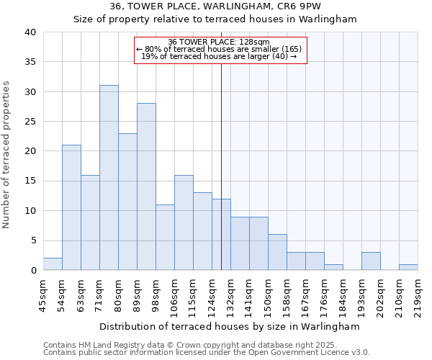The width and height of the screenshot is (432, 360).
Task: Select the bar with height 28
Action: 146,186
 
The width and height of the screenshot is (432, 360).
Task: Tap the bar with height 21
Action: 71,207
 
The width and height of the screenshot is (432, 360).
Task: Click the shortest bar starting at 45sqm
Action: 53,264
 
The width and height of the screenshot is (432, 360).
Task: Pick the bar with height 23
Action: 127,202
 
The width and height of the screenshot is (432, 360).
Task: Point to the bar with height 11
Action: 165,238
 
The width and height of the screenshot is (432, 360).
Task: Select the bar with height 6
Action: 277,252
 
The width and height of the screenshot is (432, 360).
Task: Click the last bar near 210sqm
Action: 408,267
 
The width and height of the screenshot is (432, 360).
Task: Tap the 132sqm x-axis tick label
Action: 230,296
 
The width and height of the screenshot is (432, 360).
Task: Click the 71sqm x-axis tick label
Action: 99,296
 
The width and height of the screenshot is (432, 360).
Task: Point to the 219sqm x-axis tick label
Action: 418,296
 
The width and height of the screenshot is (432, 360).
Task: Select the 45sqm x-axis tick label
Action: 43,296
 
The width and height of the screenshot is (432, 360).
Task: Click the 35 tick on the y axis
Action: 30,62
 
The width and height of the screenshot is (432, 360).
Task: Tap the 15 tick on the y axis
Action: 30,181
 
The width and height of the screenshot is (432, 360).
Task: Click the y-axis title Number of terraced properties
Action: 7,155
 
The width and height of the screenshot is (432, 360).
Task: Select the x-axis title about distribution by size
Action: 230,326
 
